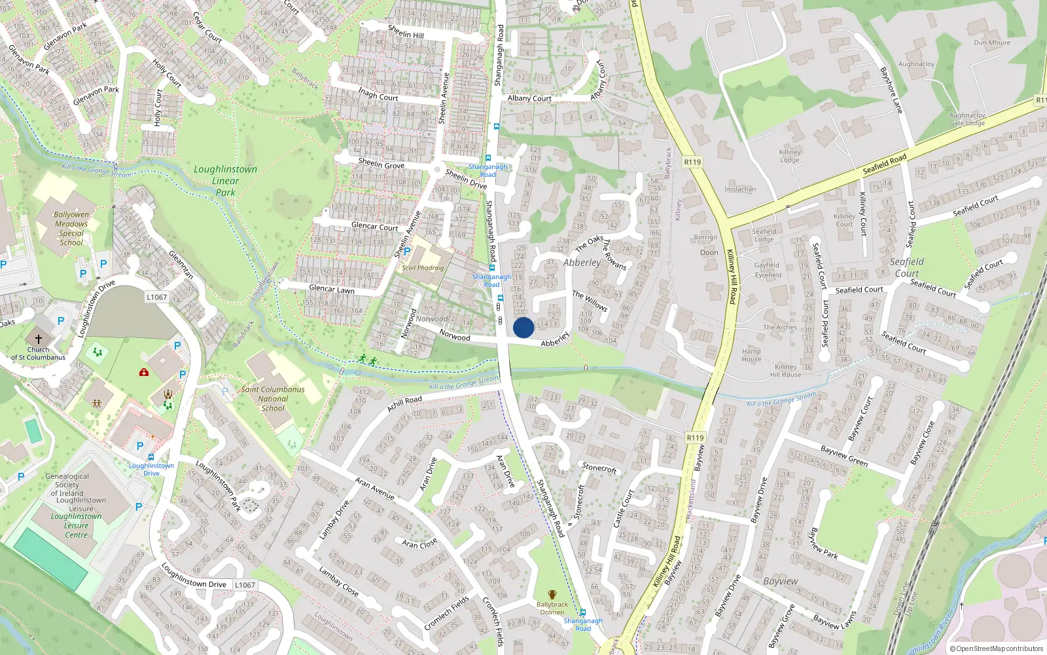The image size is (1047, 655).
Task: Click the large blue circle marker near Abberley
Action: (x=523, y=327)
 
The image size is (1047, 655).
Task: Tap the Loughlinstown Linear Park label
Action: (x=225, y=181)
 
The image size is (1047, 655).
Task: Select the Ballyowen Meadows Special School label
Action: (x=71, y=229)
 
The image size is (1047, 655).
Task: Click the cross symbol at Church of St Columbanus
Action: (x=39, y=339)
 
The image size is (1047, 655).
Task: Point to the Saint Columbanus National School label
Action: (x=273, y=398)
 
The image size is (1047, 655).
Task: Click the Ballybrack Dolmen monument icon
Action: (x=552, y=595)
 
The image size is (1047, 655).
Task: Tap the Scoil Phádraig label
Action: (x=423, y=268)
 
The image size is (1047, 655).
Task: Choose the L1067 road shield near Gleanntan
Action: (x=157, y=297)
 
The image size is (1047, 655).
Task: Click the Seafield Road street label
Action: (x=885, y=164)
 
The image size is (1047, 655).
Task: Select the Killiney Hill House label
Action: (x=785, y=371)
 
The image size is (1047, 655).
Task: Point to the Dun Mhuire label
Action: (x=992, y=43)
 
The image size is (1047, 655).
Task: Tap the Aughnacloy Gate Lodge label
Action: (x=967, y=119)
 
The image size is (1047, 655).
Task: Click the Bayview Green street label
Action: (x=844, y=456)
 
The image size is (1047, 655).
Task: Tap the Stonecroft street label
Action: (x=599, y=468)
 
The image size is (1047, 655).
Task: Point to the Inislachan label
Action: (x=740, y=189)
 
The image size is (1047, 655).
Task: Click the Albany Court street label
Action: (x=529, y=98)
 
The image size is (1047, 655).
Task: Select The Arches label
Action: (x=780, y=327)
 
